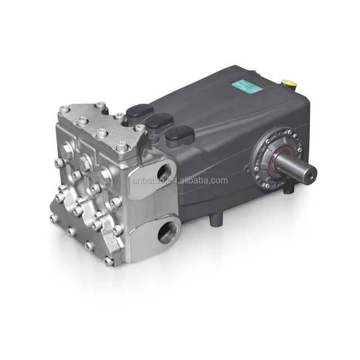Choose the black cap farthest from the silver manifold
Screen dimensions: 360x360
(x=179, y=136)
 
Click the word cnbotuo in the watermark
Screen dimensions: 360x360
(x=148, y=181)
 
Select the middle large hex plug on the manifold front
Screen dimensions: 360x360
(x=84, y=162)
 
